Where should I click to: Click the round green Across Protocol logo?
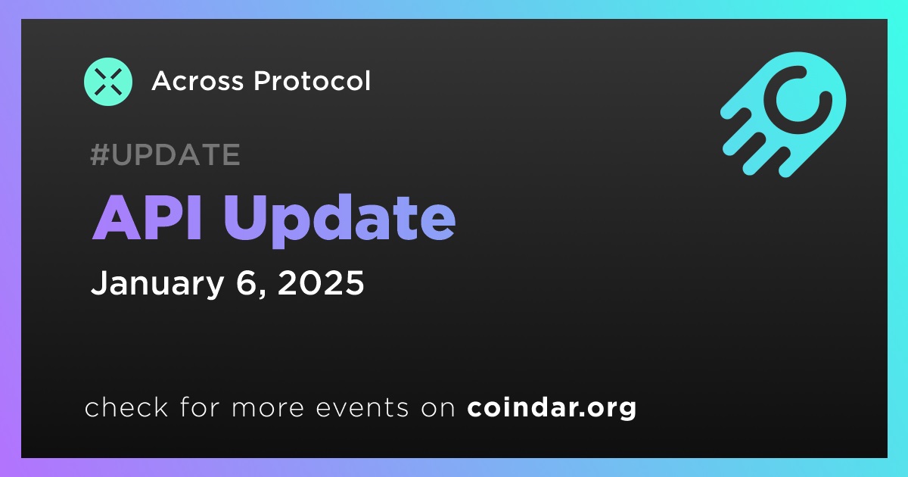pyautogui.click(x=108, y=82)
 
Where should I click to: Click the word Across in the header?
pyautogui.click(x=197, y=81)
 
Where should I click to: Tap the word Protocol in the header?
pyautogui.click(x=312, y=81)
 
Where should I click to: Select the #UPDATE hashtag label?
pyautogui.click(x=166, y=154)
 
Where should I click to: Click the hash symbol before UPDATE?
pyautogui.click(x=100, y=154)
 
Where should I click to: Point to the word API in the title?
pyautogui.click(x=147, y=218)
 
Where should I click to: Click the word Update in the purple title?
pyautogui.click(x=340, y=220)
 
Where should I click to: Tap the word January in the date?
pyautogui.click(x=157, y=283)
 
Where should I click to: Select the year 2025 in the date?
pyautogui.click(x=321, y=282)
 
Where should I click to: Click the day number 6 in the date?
pyautogui.click(x=247, y=282)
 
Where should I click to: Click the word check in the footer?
pyautogui.click(x=126, y=407)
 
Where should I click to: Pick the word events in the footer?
pyautogui.click(x=362, y=407)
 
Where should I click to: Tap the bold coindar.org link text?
pyautogui.click(x=552, y=407)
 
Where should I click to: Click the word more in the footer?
pyautogui.click(x=268, y=408)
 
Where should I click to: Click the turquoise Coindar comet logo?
pyautogui.click(x=784, y=114)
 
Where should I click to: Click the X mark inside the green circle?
pyautogui.click(x=108, y=82)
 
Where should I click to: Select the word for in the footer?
pyautogui.click(x=200, y=407)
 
